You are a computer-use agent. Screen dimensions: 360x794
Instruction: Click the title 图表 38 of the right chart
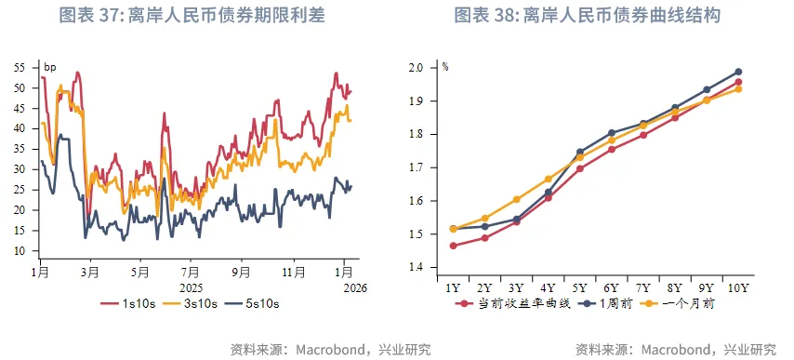pyautogui.click(x=587, y=16)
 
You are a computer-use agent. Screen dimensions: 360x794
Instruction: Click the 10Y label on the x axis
pyautogui.click(x=737, y=288)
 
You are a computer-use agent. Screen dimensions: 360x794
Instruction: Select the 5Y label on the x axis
pyautogui.click(x=579, y=288)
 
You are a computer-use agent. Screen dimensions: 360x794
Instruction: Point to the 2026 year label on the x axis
pyautogui.click(x=354, y=287)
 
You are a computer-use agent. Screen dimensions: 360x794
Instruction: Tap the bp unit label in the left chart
pyautogui.click(x=50, y=67)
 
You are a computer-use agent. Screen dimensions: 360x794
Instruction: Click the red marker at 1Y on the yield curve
pyautogui.click(x=453, y=246)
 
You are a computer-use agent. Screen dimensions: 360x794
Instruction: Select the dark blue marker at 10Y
pyautogui.click(x=738, y=72)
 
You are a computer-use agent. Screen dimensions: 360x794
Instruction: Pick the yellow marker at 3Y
pyautogui.click(x=517, y=199)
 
